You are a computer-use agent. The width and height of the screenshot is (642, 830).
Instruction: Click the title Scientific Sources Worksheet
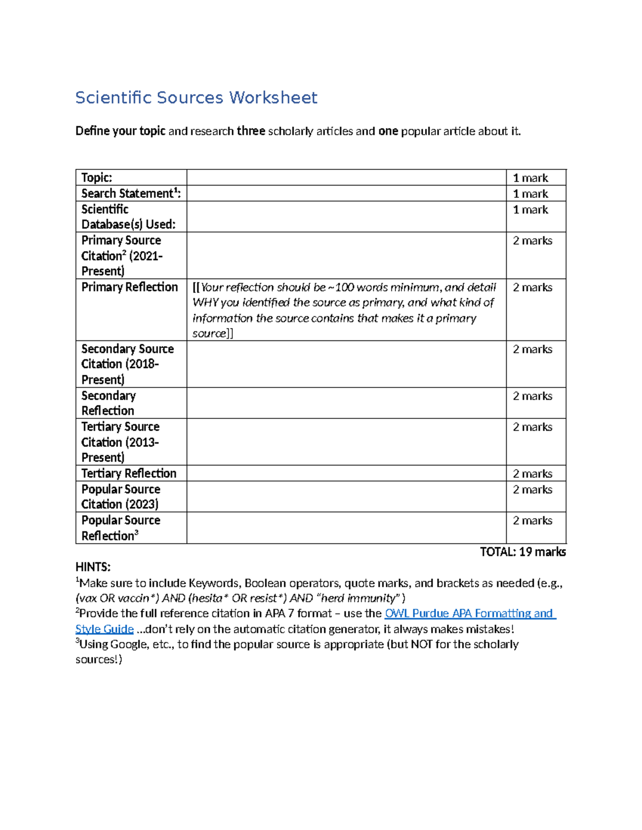pos(196,98)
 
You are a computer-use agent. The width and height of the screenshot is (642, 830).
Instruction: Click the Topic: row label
pos(97,178)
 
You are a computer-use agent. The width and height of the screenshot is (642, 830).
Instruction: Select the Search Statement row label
pos(131,193)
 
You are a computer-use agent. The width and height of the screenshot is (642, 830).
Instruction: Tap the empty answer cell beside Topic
pos(346,178)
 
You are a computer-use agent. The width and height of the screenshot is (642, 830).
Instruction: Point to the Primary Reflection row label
pos(129,288)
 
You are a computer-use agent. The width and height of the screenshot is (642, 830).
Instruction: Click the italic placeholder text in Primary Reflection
pos(344,310)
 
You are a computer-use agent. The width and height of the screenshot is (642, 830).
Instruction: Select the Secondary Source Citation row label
pos(127,364)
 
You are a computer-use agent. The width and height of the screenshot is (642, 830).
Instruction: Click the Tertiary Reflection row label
pos(128,474)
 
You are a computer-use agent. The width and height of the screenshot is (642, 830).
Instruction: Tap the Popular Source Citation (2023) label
pos(121,497)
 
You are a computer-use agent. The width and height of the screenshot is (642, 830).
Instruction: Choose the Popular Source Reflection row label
pos(121,528)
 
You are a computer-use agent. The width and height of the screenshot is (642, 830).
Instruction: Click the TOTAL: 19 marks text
pos(523,552)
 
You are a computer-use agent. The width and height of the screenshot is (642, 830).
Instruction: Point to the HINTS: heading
pos(93,567)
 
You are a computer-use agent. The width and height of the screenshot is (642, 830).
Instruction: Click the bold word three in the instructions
pos(251,131)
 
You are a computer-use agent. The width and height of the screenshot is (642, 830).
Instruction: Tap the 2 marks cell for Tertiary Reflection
pos(532,474)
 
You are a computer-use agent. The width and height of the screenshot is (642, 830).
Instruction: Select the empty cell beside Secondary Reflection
pos(346,403)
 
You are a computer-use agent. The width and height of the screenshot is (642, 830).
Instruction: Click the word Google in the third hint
pos(128,645)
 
